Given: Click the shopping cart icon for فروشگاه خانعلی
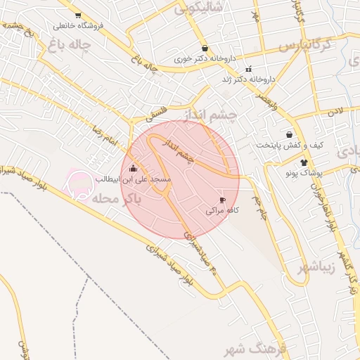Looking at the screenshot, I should tap(77, 15).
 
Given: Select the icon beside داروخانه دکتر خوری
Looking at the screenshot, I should tap(205, 49).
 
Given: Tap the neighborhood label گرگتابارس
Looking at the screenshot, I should tap(308, 46).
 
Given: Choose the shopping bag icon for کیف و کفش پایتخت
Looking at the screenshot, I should tap(289, 134).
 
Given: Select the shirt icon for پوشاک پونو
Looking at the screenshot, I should tap(304, 162).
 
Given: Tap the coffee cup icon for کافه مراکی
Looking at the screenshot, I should tap(223, 200).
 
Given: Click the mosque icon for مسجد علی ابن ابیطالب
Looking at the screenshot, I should tap(133, 168).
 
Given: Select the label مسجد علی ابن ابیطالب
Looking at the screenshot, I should tap(139, 179).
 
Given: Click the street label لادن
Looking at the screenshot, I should tap(334, 111).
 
